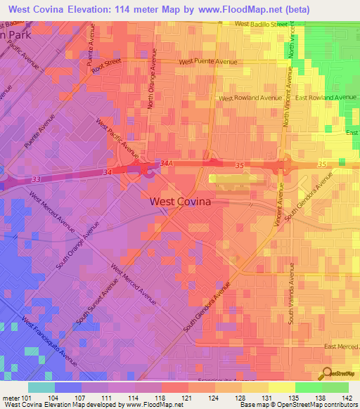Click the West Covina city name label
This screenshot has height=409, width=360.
click(181, 201)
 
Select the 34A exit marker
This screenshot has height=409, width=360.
click(166, 163)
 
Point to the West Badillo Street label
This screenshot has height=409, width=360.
click(262, 24)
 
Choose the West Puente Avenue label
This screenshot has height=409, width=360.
click(208, 62)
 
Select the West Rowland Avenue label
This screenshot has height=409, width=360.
click(250, 98)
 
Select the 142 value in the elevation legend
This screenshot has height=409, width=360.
click(347, 398)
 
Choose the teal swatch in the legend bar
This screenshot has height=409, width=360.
click(41, 387)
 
